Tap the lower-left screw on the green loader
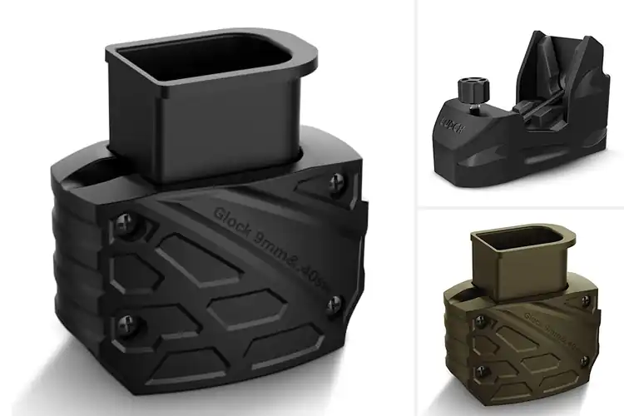coord(478,364)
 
